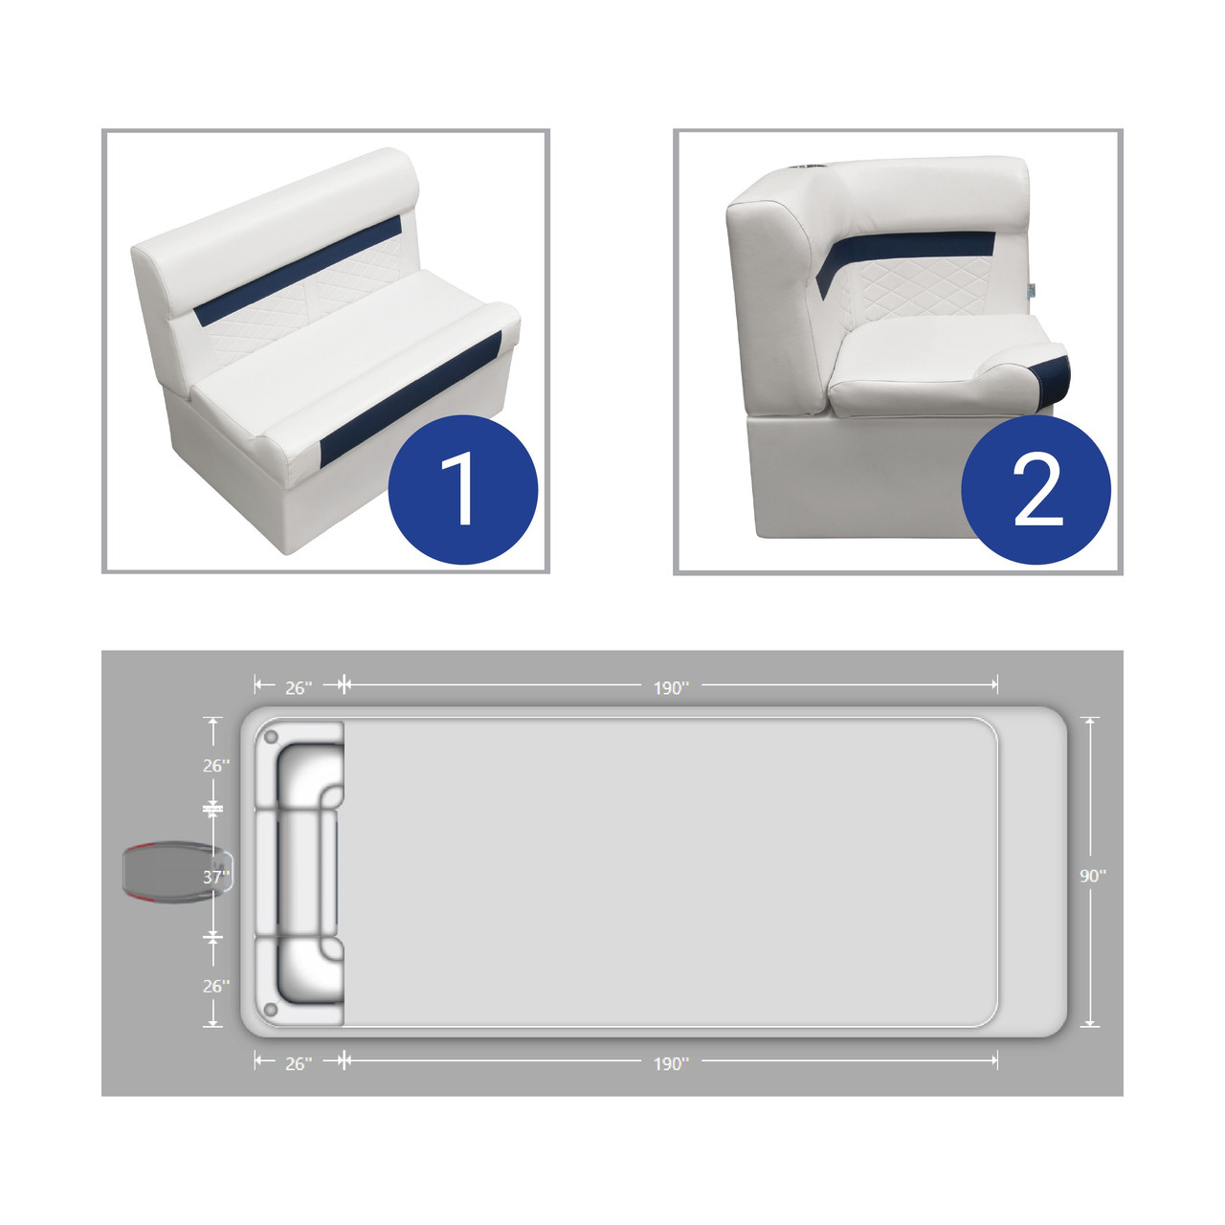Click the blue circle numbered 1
click(x=463, y=489)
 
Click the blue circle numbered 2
click(x=1036, y=489)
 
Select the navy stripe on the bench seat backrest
click(x=299, y=270)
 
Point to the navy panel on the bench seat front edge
click(x=412, y=395)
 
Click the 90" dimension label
click(x=1093, y=876)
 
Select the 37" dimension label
click(x=216, y=878)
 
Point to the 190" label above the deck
click(x=671, y=688)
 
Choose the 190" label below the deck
click(x=671, y=1064)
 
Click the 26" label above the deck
click(x=299, y=688)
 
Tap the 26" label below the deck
click(x=299, y=1064)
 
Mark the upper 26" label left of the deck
click(x=216, y=766)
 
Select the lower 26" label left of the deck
click(x=216, y=986)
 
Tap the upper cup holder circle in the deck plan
click(x=272, y=738)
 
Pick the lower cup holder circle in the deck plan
click(x=272, y=1009)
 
